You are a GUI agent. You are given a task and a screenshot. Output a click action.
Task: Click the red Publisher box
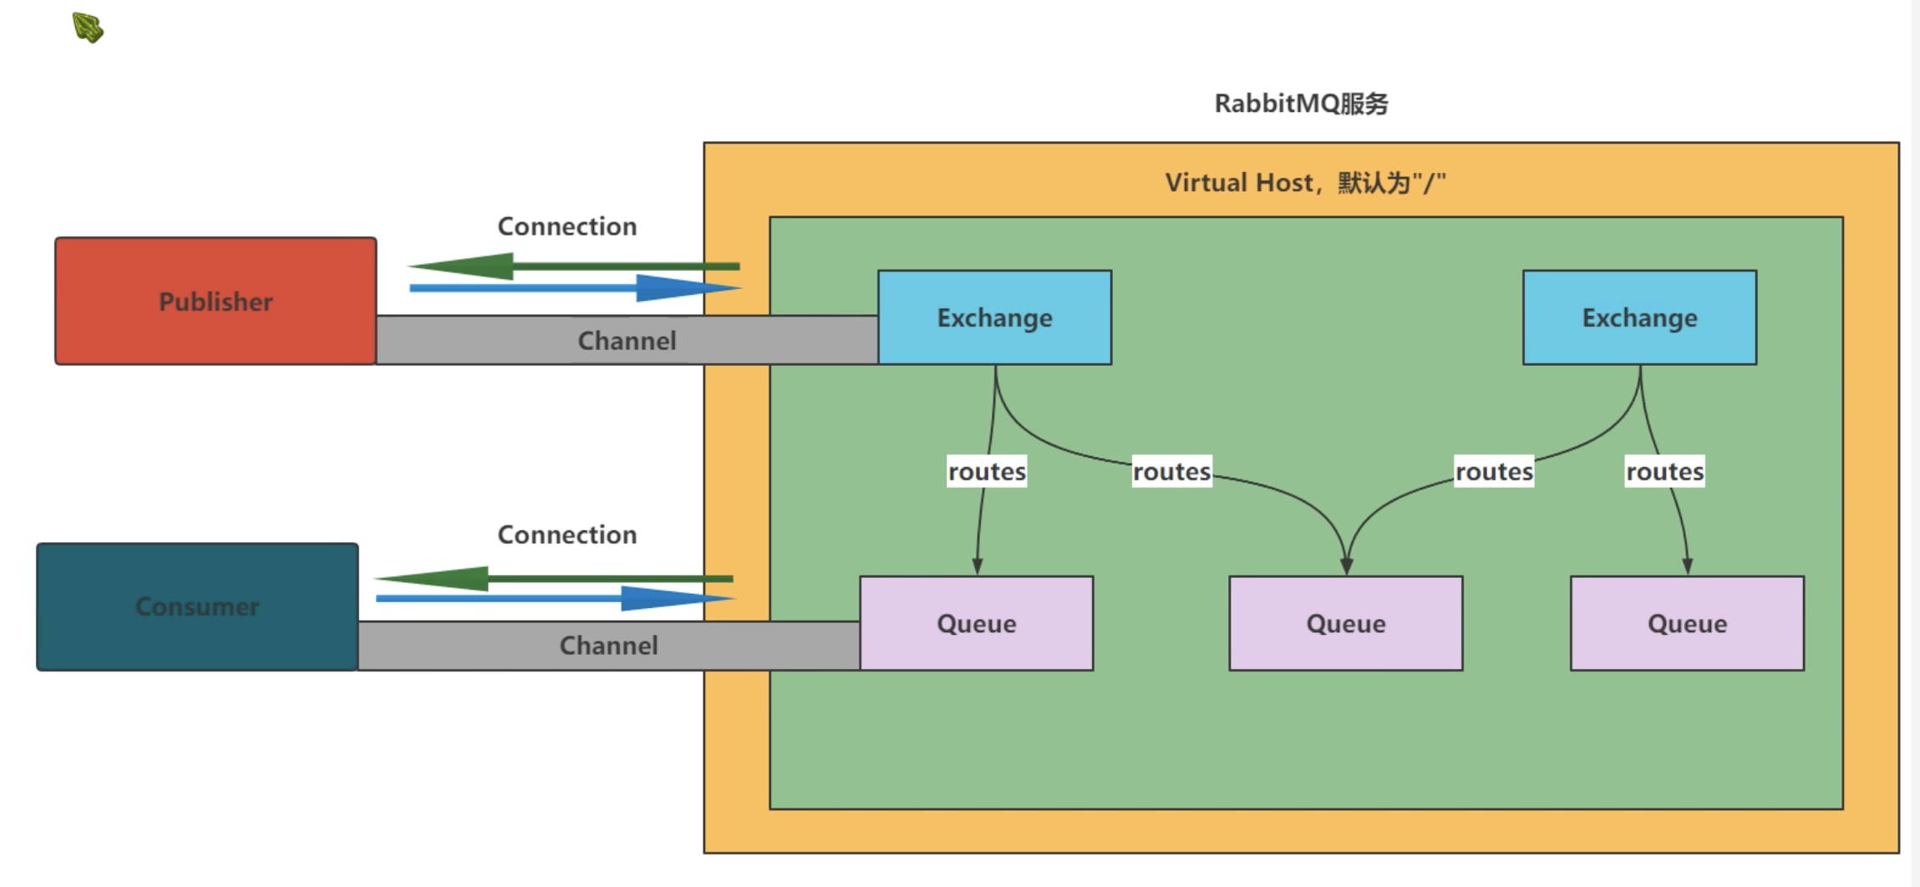(216, 301)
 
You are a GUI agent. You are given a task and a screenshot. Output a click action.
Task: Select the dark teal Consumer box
(197, 606)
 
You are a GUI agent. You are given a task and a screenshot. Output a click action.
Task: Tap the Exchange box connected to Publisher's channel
(994, 317)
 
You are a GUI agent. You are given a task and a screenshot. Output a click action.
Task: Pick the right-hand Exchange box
(1639, 317)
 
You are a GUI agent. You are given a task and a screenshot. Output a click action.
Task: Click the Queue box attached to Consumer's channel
(976, 623)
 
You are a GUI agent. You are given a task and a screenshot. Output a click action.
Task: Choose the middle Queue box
(1345, 623)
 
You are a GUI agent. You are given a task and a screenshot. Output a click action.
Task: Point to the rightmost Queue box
(1687, 623)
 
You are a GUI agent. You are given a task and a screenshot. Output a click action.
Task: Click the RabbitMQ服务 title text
(1301, 104)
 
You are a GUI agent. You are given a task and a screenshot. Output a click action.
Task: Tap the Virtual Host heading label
(1305, 182)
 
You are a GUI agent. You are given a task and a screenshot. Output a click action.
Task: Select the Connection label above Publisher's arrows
(567, 226)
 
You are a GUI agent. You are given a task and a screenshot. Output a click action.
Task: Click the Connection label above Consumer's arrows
(567, 535)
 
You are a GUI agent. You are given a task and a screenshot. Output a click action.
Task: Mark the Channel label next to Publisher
(627, 341)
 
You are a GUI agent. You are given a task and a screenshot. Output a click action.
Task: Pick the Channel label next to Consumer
(608, 646)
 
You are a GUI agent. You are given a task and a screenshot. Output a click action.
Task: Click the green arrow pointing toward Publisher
(573, 266)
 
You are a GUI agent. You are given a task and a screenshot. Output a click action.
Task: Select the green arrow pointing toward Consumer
(553, 578)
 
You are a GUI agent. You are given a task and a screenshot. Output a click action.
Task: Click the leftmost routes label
(987, 471)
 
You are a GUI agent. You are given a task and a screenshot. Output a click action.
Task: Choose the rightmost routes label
(1664, 471)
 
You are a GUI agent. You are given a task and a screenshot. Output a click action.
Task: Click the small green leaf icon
(88, 28)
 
